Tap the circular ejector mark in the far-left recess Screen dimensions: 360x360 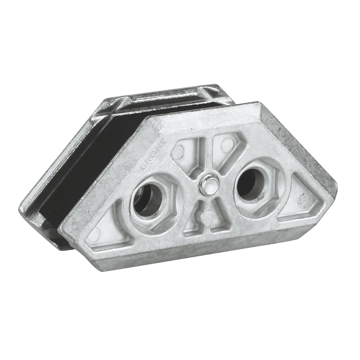coord(94,234)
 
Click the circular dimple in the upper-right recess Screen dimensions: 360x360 coord(227,143)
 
